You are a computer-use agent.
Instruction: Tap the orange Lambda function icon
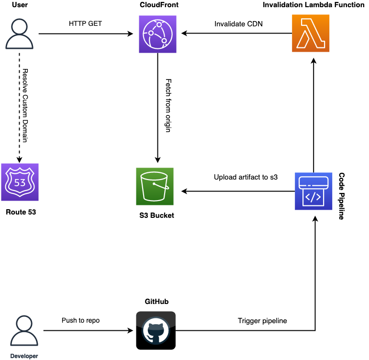tap(311, 34)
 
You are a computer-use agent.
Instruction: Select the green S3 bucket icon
tap(155, 187)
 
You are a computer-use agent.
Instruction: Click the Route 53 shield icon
tap(20, 182)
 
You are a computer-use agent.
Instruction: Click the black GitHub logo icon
tap(156, 330)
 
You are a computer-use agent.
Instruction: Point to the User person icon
tap(20, 34)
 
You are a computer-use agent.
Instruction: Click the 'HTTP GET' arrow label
tap(85, 23)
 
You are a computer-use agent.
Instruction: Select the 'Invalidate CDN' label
tap(237, 23)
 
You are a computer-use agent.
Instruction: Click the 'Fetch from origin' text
tap(168, 106)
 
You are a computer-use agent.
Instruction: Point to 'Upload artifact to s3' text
tap(246, 177)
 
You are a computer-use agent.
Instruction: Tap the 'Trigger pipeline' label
tap(262, 321)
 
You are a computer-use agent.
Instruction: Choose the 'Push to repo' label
tap(80, 320)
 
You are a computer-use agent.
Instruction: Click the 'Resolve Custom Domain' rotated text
tap(25, 106)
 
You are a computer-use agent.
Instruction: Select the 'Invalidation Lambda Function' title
tap(311, 5)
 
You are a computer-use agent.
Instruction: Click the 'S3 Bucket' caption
tap(154, 215)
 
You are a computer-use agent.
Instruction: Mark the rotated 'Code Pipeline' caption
tap(342, 196)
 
